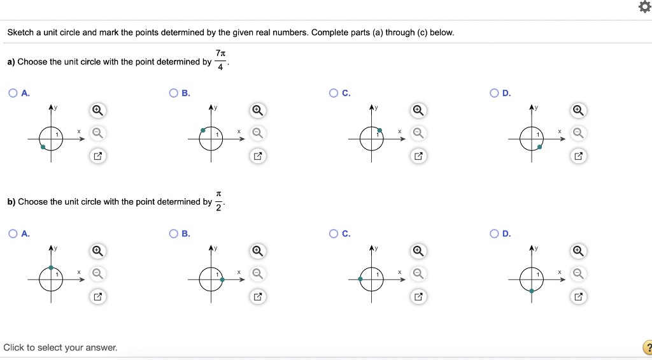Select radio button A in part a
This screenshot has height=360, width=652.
(13, 93)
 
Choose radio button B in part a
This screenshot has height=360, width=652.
(173, 93)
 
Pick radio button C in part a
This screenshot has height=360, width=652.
(334, 93)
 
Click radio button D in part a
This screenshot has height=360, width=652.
(494, 93)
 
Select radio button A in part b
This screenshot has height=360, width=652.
(13, 234)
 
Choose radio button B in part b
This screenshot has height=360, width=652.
(173, 234)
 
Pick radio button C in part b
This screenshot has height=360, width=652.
(334, 234)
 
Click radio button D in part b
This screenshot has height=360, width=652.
(494, 234)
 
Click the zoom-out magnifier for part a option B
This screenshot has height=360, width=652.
(257, 133)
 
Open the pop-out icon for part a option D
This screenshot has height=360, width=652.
(578, 155)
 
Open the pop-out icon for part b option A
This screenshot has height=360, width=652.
(97, 296)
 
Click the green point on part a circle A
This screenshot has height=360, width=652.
(43, 147)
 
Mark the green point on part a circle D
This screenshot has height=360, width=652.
(539, 147)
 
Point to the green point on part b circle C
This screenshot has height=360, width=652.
(360, 279)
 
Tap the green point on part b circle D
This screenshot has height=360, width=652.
(532, 291)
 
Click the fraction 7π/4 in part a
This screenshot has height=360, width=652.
(220, 61)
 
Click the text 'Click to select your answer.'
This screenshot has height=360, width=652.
(60, 347)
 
